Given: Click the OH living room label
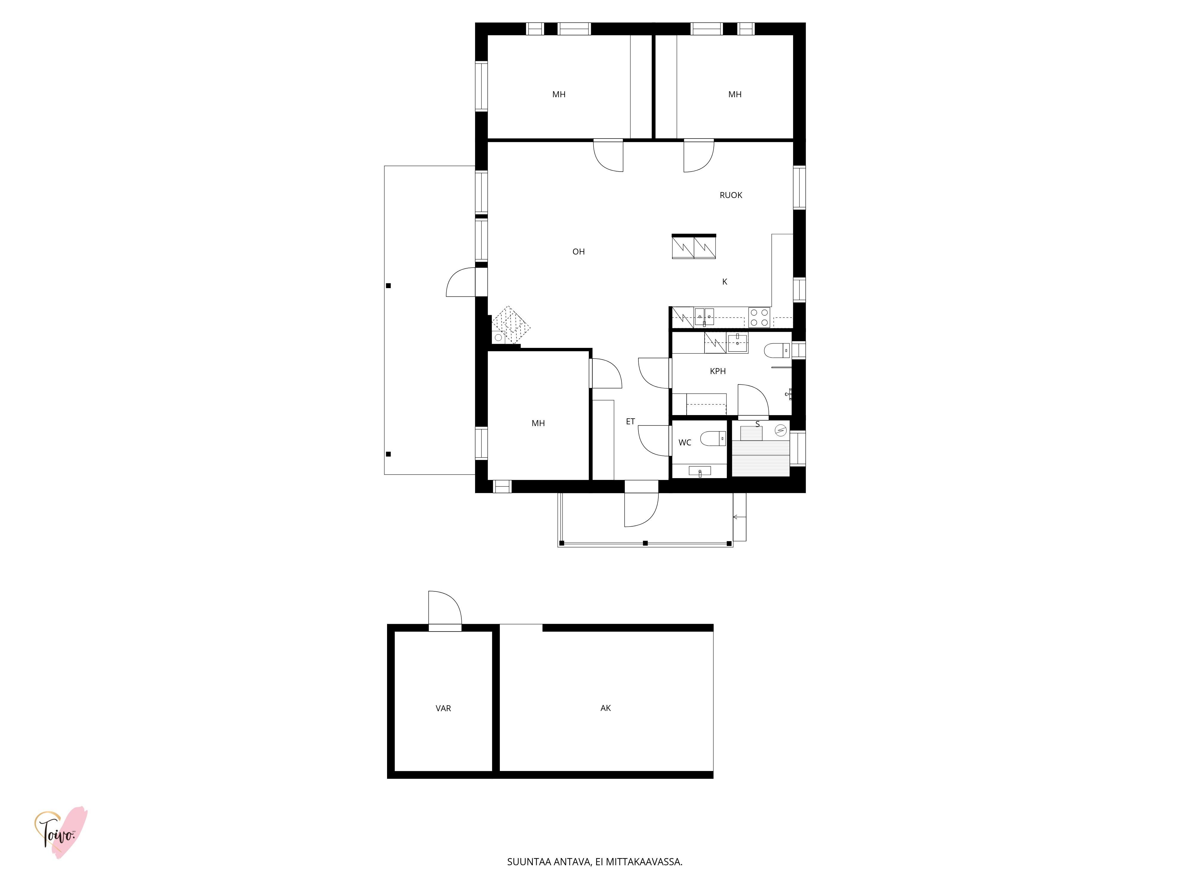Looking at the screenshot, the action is (x=578, y=252).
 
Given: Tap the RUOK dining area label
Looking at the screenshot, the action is (x=731, y=195).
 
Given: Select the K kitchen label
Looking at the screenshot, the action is (x=725, y=282).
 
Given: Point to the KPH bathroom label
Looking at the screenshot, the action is (x=718, y=371).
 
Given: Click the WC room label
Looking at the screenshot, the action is (x=684, y=442).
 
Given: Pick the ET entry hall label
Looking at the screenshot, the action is (x=630, y=422).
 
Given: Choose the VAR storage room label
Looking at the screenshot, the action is (x=443, y=708).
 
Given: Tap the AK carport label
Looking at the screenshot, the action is (x=606, y=708).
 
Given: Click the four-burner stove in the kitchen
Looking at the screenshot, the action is (x=759, y=317).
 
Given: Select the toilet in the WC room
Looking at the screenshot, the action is (x=713, y=439).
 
